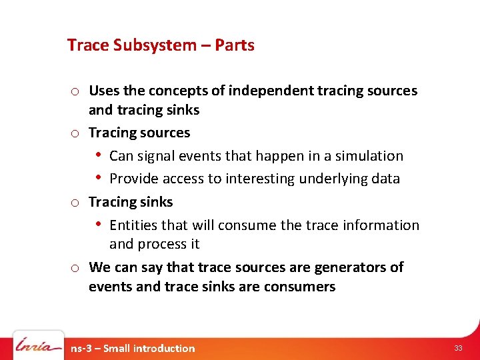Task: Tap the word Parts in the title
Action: click(x=234, y=45)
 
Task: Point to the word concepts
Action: click(x=179, y=91)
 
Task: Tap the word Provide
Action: click(x=135, y=179)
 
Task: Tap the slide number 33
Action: click(x=458, y=348)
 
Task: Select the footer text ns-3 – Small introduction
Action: click(x=133, y=348)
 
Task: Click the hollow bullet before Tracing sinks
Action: click(x=75, y=203)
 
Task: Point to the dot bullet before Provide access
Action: click(x=99, y=178)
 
